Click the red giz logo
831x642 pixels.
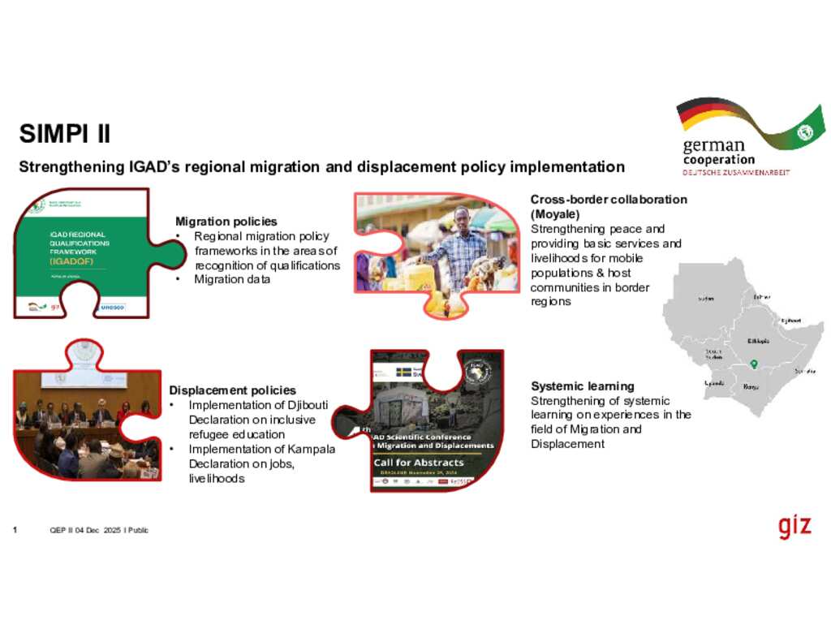794,526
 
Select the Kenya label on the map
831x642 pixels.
751,387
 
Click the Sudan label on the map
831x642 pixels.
706,299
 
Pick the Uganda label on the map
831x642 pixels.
714,382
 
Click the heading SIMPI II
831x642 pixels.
65,133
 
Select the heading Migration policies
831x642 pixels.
226,222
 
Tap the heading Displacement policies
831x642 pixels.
232,390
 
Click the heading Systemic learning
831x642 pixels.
582,386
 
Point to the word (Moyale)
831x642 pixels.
555,214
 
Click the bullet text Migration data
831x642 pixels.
231,280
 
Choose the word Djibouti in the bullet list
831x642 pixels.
302,405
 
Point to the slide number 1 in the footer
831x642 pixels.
15,530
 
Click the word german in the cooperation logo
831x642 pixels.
713,147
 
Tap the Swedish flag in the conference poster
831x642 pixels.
403,373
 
